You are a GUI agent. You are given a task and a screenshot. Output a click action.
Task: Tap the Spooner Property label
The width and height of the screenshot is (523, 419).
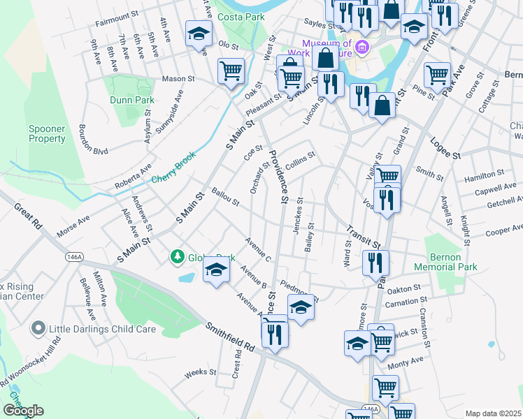point(47,133)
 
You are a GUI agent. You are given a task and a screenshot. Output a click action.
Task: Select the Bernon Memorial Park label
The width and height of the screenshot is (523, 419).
point(465,262)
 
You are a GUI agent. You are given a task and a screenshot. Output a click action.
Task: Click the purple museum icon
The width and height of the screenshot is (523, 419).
point(361,47)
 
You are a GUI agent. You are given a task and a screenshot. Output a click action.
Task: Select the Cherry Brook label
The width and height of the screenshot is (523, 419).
point(178,175)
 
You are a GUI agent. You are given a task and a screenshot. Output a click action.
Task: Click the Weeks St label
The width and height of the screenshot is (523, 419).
point(200,374)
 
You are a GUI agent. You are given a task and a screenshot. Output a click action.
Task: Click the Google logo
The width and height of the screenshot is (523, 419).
point(23,411)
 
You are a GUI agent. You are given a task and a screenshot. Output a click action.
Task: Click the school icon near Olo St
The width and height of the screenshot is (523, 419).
point(198,33)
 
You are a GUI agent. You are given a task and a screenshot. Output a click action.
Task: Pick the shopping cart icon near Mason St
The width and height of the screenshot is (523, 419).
point(231,70)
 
